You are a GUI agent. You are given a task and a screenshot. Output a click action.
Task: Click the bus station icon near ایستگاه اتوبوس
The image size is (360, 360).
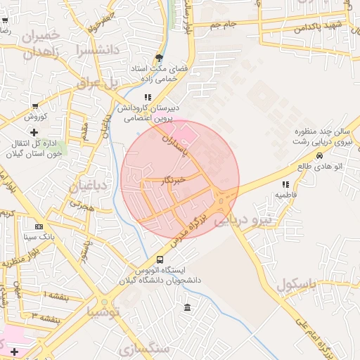[x=161, y=259]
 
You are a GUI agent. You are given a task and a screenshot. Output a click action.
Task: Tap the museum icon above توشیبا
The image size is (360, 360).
[x=187, y=308]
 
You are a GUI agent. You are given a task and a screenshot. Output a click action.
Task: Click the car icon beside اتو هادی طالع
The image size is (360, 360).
[x=320, y=156]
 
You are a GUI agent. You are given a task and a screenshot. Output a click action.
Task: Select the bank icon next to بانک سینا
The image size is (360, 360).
[x=39, y=226]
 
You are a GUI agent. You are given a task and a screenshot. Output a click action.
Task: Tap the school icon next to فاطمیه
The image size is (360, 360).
[x=285, y=184]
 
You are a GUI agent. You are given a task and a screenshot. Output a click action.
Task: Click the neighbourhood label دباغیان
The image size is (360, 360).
[x=88, y=186]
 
